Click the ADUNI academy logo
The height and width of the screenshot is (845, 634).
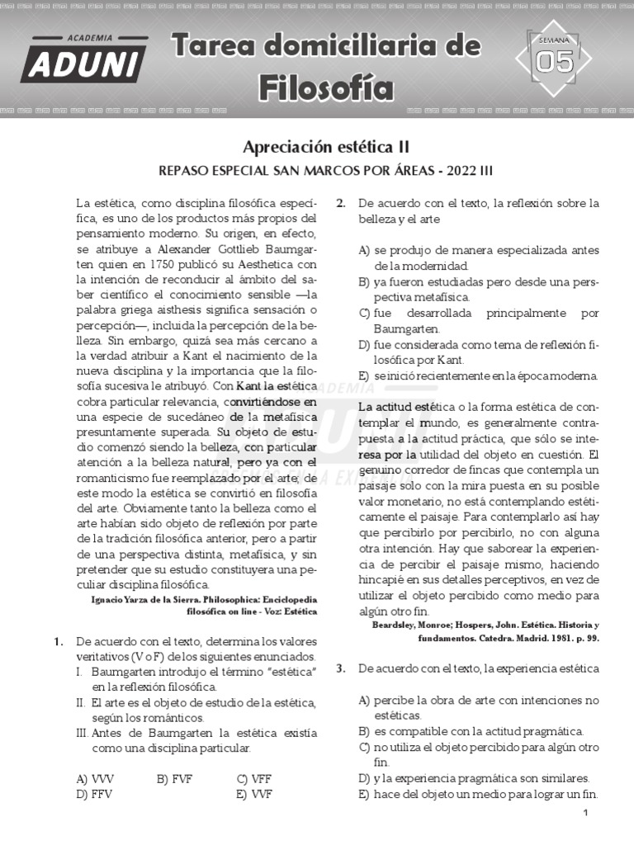pos(84,59)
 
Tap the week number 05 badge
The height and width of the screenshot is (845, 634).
pos(554,60)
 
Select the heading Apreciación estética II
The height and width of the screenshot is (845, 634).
pos(325,147)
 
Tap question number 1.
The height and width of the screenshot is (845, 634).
pos(58,641)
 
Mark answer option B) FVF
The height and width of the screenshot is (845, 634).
pos(173,778)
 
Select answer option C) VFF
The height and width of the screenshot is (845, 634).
pos(253,778)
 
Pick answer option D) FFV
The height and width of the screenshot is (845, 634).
pos(93,794)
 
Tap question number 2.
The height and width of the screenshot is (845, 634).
pos(341,203)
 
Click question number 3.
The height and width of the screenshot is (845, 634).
pos(341,668)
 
